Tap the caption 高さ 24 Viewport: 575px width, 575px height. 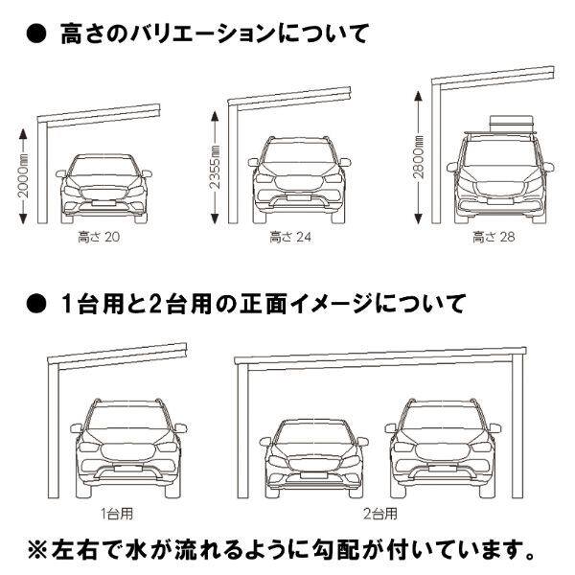288,233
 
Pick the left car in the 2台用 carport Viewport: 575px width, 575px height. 312,455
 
